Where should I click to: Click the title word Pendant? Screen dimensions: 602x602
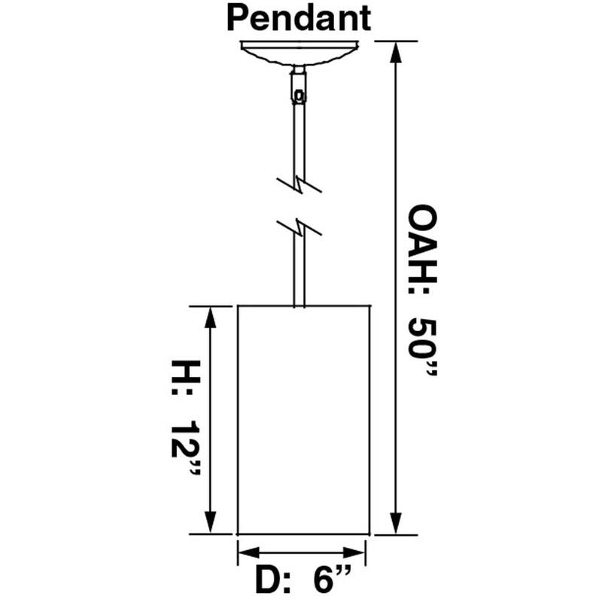click(299, 18)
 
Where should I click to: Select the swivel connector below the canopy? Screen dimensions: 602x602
click(299, 85)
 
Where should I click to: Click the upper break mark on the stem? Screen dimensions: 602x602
click(299, 184)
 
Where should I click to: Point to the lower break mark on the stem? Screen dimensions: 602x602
click(299, 229)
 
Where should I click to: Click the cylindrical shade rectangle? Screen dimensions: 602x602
click(304, 420)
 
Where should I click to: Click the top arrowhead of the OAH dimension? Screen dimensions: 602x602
click(396, 52)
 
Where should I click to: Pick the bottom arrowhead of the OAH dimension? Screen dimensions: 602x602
click(396, 523)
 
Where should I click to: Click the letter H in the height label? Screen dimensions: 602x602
click(186, 372)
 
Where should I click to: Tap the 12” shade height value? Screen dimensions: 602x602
click(186, 448)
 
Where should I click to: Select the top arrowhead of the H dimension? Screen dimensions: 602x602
click(210, 318)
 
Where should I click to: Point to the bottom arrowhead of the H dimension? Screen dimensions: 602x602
click(210, 522)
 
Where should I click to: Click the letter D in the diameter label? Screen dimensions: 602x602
click(268, 579)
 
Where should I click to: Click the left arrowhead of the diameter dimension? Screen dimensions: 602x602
click(249, 553)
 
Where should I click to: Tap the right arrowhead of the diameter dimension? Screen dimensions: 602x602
click(354, 553)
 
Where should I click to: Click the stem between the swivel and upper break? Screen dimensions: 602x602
click(299, 141)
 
